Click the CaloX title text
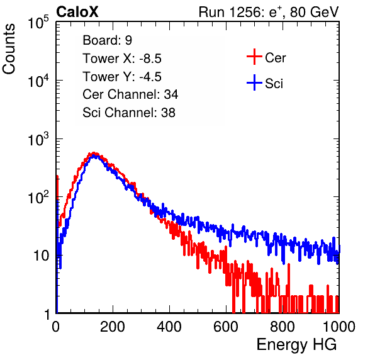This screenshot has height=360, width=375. coord(77,12)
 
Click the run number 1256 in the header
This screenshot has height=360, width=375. coord(243,12)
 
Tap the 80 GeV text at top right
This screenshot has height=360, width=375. coord(314,13)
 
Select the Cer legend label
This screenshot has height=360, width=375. coord(275,58)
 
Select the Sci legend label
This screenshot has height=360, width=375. coord(274,84)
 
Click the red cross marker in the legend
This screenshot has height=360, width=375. coord(254,57)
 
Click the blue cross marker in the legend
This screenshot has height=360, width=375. coord(254,82)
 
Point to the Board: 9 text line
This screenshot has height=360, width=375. coord(107,40)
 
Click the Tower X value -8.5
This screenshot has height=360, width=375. coord(150,59)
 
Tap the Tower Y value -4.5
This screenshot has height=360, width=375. coord(150,77)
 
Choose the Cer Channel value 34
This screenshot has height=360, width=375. coord(171,94)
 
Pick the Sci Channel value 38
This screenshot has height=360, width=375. coord(168,113)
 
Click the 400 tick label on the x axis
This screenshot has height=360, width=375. coord(169,327)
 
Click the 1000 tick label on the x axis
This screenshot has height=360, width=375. coord(339,327)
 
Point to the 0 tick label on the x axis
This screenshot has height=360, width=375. coord(56,327)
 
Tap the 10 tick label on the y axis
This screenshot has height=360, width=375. coord(41,256)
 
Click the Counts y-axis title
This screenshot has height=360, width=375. coord(9,48)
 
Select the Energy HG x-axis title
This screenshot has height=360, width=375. coord(296,345)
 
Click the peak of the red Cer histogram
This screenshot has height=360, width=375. coord(94,152)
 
